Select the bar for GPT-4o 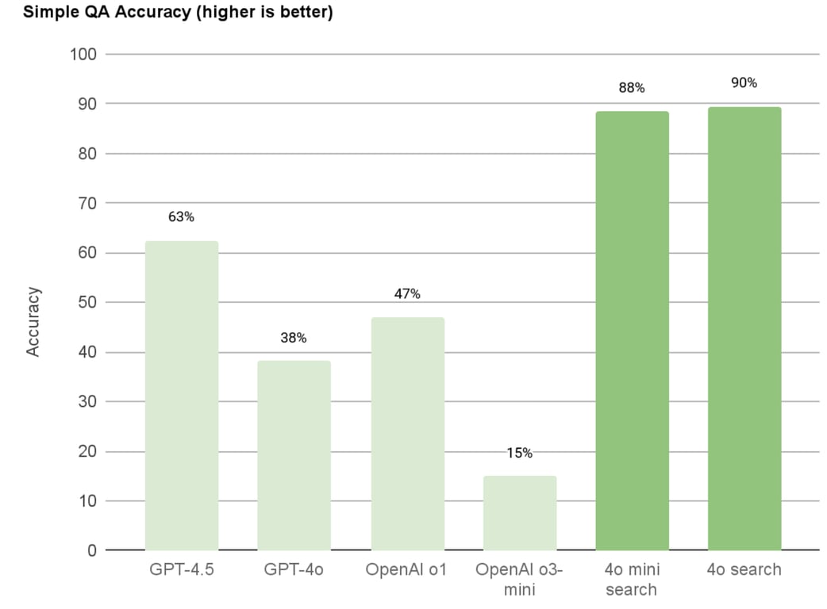pyautogui.click(x=294, y=455)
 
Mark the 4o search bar pyautogui.click(x=744, y=328)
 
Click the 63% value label pyautogui.click(x=181, y=216)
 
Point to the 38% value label pyautogui.click(x=294, y=338)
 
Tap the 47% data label pyautogui.click(x=407, y=294)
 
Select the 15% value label pyautogui.click(x=520, y=453)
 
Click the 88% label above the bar pyautogui.click(x=632, y=88)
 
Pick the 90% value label pyautogui.click(x=744, y=82)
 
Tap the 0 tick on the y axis pyautogui.click(x=91, y=550)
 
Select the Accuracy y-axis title pyautogui.click(x=33, y=321)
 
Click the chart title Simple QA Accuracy pyautogui.click(x=166, y=13)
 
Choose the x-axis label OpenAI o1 pyautogui.click(x=407, y=570)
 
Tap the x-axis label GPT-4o pyautogui.click(x=294, y=570)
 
